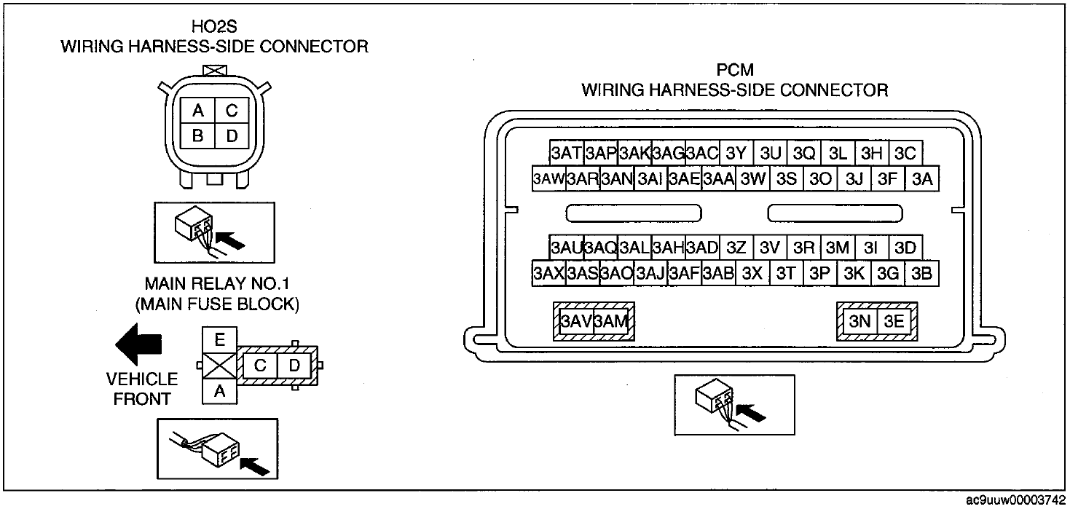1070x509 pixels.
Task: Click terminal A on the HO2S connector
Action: click(x=198, y=111)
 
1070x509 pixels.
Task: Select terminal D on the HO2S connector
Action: click(x=232, y=136)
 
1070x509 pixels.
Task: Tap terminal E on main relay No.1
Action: click(x=220, y=340)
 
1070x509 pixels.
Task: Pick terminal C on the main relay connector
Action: click(x=260, y=366)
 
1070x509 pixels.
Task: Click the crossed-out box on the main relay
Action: click(x=220, y=366)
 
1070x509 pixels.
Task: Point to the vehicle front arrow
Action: click(x=138, y=344)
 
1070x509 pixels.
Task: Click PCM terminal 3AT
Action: click(x=567, y=153)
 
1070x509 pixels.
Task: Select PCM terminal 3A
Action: click(x=922, y=178)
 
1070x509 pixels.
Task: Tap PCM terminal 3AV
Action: click(x=576, y=321)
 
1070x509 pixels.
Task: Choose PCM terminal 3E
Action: click(x=894, y=321)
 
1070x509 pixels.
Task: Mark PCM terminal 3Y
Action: click(x=736, y=153)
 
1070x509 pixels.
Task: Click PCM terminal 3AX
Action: click(x=549, y=274)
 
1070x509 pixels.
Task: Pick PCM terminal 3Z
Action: click(x=736, y=248)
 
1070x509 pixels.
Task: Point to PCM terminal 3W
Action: click(x=753, y=178)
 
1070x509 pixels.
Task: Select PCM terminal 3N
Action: click(x=859, y=321)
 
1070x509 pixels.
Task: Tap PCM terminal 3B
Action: click(x=922, y=274)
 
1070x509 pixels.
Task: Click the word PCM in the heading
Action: click(x=735, y=70)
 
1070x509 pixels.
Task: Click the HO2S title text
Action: click(x=214, y=26)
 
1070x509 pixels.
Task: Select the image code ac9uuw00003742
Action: click(x=1015, y=500)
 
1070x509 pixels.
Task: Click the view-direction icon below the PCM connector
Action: click(x=735, y=405)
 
